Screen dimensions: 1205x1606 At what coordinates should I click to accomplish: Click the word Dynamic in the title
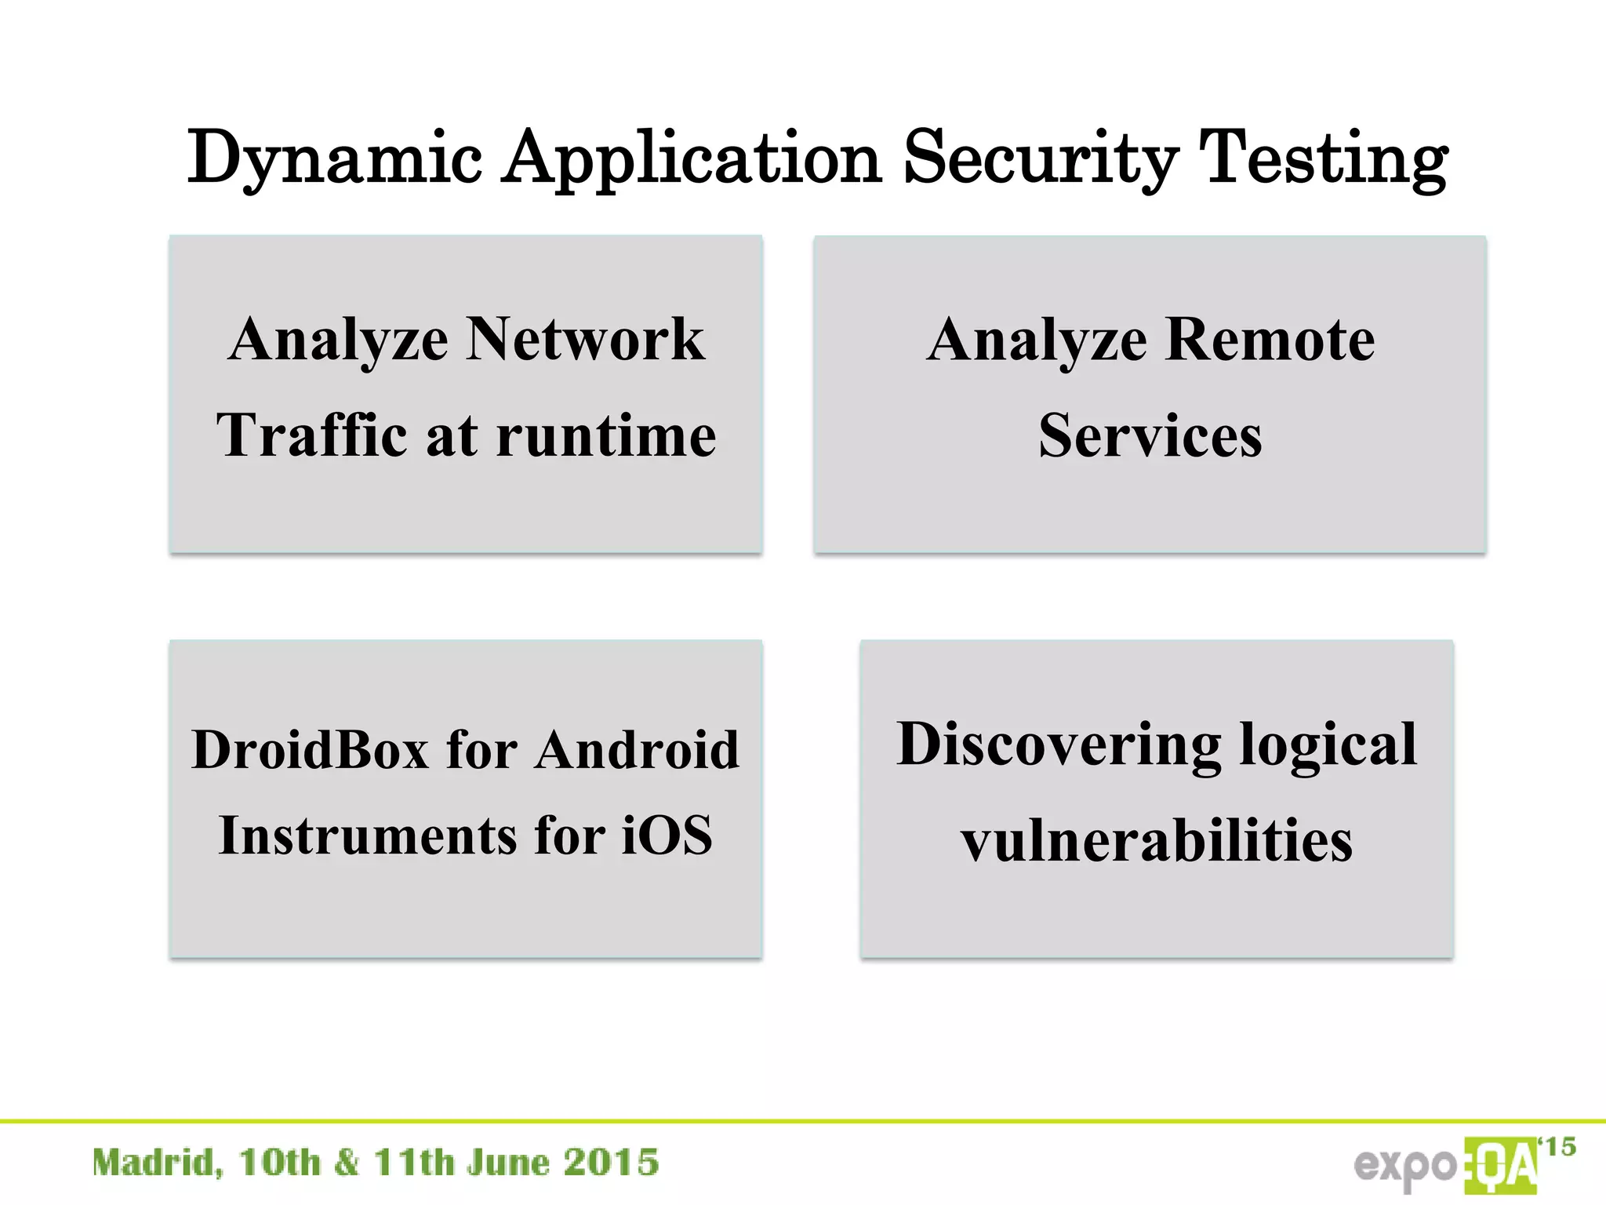tap(334, 159)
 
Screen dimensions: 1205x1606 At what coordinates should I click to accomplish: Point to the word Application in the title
tap(692, 159)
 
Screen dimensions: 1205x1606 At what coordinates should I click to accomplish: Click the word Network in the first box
tap(586, 339)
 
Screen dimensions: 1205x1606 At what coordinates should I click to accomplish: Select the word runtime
tap(606, 435)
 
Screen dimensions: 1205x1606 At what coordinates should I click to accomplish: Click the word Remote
tap(1270, 339)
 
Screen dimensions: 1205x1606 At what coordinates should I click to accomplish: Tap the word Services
tap(1150, 435)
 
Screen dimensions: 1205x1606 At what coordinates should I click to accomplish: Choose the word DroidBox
tap(311, 749)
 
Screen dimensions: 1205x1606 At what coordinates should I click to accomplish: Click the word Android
tap(637, 749)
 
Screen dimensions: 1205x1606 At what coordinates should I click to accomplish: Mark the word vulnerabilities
tap(1157, 840)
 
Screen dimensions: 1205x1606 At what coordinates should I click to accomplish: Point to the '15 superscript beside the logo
tap(1557, 1147)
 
